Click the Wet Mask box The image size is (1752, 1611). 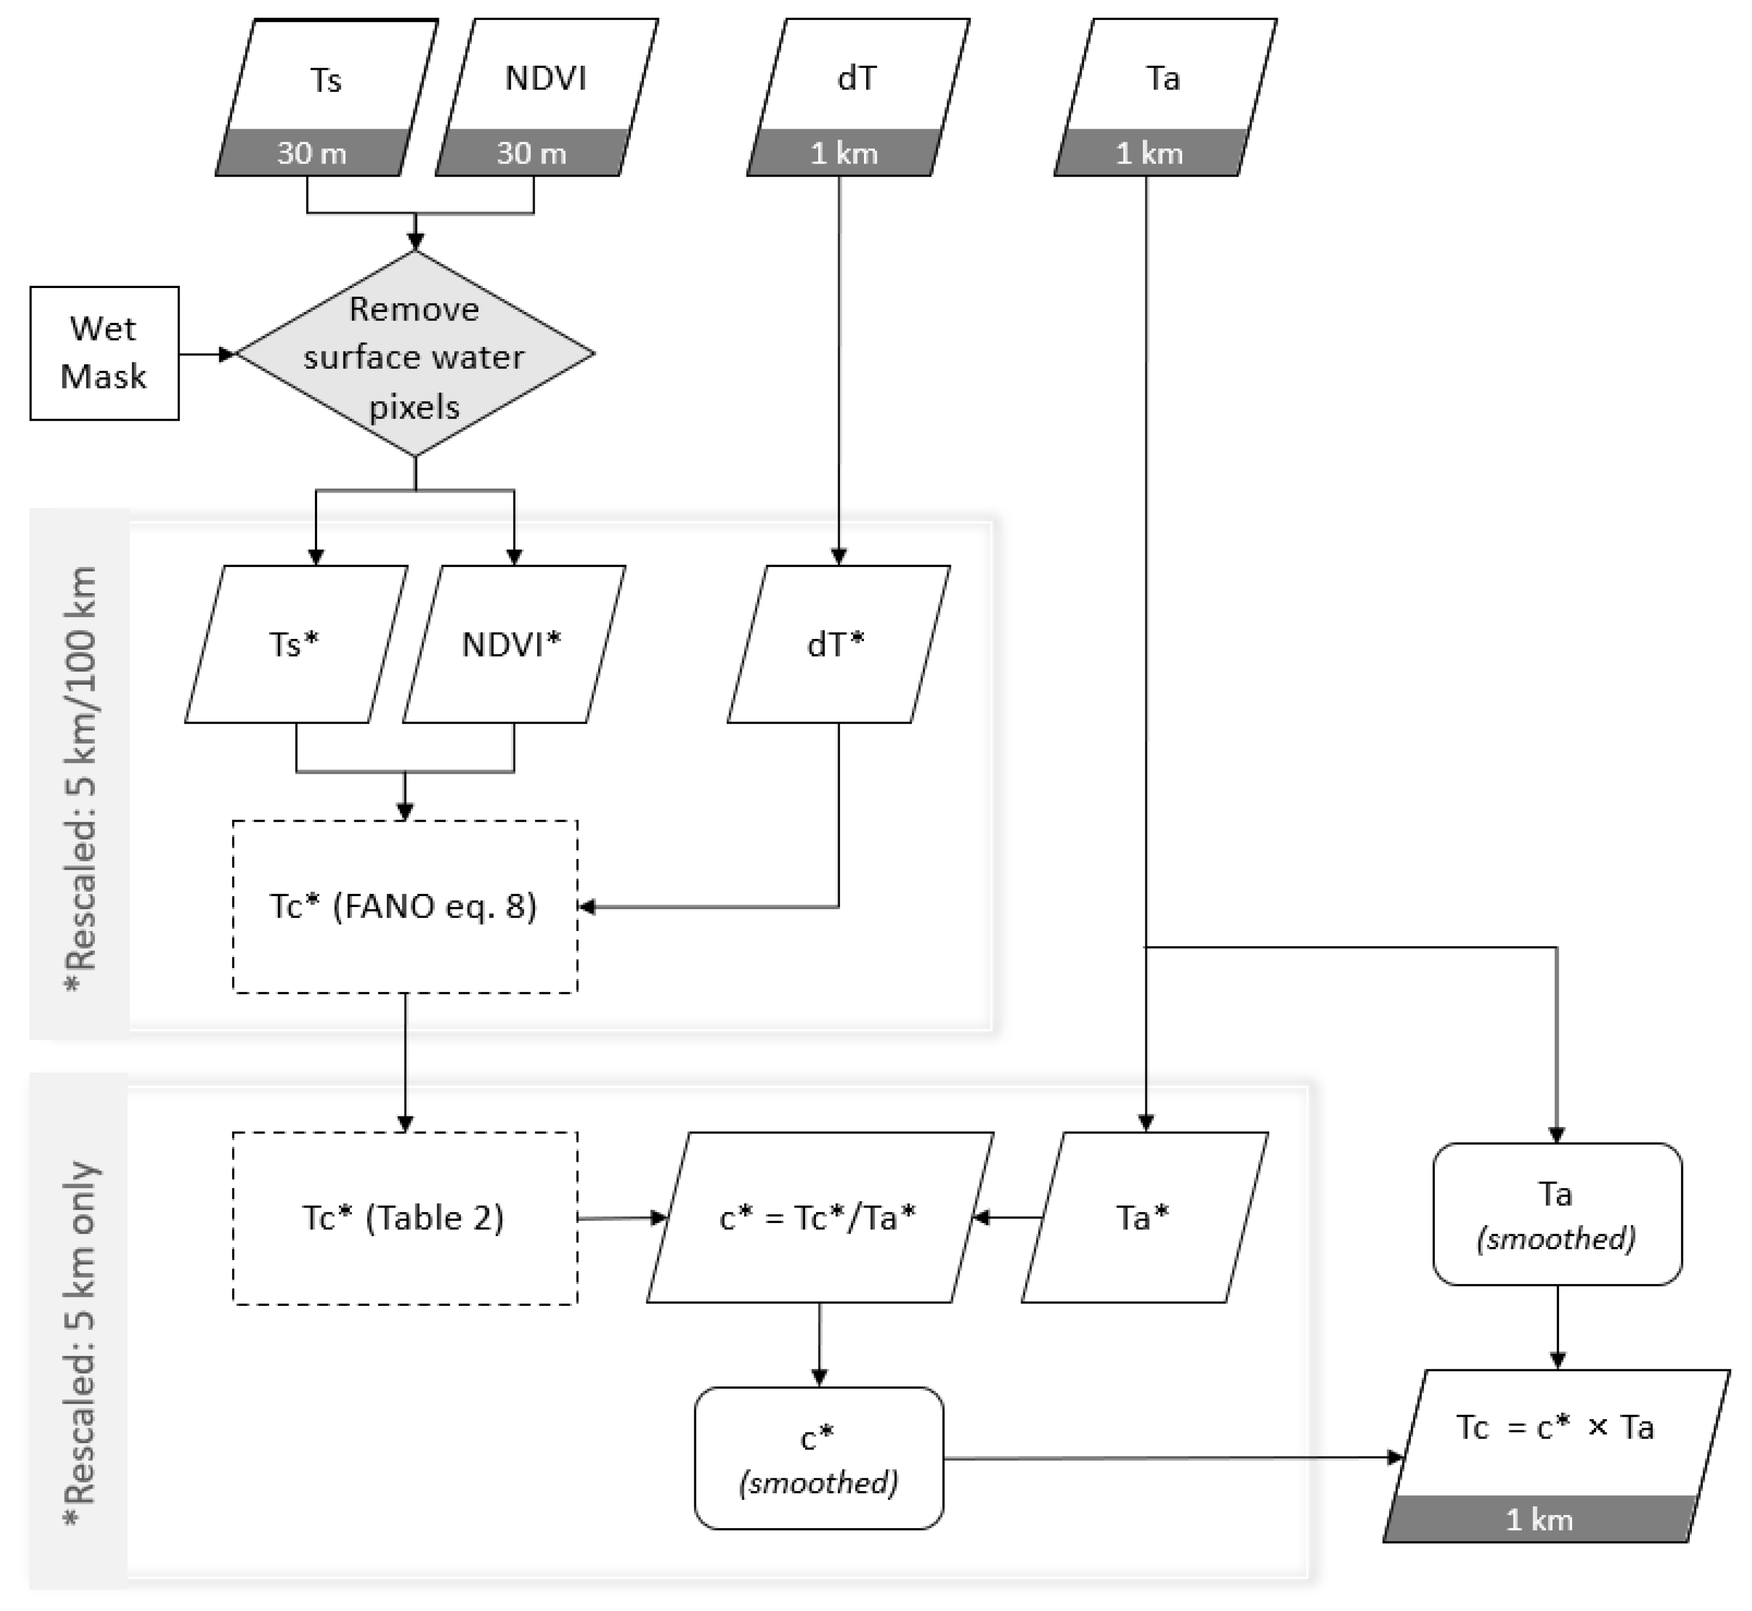[105, 353]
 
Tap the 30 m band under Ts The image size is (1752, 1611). [312, 153]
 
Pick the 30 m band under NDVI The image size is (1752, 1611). [531, 153]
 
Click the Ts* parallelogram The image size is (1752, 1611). [295, 644]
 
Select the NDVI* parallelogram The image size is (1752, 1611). [513, 644]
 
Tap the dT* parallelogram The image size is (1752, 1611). [838, 644]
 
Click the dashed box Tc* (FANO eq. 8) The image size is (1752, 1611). [405, 906]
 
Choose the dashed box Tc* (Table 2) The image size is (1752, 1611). [405, 1218]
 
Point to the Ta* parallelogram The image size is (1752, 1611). [1143, 1217]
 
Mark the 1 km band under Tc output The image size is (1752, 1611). [1540, 1520]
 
